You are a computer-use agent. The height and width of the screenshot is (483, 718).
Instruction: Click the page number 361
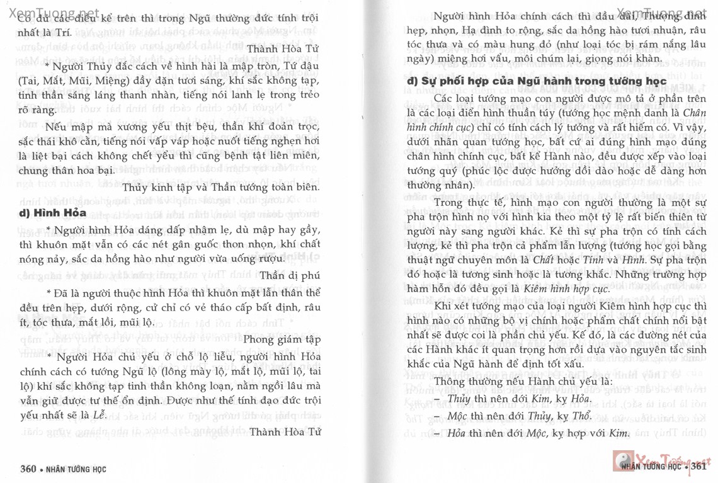697,467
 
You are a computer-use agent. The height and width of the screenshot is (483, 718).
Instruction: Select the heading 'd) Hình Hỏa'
52,212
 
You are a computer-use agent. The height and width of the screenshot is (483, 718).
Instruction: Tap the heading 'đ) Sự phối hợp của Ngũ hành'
536,81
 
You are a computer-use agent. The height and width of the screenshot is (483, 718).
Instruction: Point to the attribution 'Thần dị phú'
290,275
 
